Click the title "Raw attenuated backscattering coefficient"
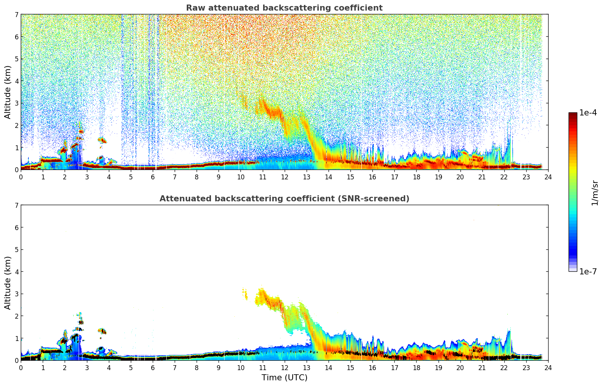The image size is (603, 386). (x=284, y=8)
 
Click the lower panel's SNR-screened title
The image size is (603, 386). (x=284, y=199)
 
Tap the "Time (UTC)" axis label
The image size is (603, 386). (x=284, y=377)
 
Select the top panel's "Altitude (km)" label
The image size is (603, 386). (x=8, y=92)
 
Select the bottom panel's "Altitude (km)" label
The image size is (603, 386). (x=8, y=283)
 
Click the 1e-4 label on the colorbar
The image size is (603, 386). (x=588, y=112)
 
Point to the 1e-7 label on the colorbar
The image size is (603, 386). (x=588, y=271)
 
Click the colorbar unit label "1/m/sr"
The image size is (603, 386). (x=595, y=193)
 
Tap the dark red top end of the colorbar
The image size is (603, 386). (x=573, y=114)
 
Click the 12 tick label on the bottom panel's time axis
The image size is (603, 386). (x=284, y=367)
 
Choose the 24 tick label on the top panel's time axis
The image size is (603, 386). (x=548, y=177)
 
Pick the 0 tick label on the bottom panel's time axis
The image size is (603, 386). (x=21, y=367)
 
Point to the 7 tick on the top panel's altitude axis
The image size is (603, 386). (x=16, y=15)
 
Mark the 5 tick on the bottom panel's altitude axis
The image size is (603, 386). (x=16, y=250)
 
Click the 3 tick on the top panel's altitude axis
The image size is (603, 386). (x=16, y=103)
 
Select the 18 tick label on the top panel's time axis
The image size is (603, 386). (x=416, y=177)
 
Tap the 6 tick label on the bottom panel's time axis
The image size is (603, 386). (x=153, y=367)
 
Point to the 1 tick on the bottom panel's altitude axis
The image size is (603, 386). (x=16, y=338)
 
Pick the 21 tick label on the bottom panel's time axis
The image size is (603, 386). (x=482, y=367)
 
